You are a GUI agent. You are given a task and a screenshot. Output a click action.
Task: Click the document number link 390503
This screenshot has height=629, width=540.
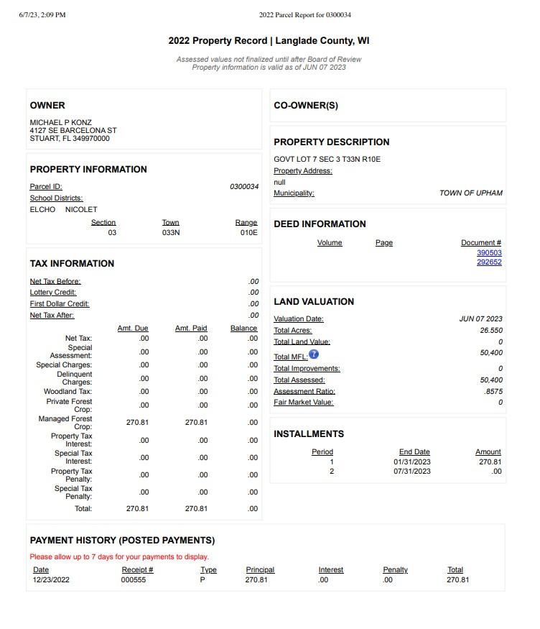(x=489, y=253)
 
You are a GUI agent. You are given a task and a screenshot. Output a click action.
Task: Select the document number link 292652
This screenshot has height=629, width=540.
(x=489, y=262)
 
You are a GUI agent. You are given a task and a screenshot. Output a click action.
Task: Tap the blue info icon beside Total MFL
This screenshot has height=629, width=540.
(x=314, y=354)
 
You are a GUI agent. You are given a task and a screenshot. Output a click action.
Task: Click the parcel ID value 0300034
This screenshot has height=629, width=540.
(x=244, y=187)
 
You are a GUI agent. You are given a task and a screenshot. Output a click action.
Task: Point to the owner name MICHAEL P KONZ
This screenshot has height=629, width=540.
(x=60, y=123)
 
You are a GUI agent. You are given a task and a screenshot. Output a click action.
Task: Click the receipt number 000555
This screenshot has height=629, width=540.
(x=134, y=579)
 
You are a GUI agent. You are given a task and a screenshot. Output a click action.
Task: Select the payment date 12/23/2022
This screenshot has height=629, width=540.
(x=51, y=579)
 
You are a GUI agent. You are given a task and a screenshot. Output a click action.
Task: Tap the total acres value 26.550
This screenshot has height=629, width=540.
(x=491, y=331)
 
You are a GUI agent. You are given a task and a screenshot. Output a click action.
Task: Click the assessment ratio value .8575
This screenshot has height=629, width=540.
(x=493, y=392)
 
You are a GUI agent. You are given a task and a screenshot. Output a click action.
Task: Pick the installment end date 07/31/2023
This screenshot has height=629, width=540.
(x=412, y=472)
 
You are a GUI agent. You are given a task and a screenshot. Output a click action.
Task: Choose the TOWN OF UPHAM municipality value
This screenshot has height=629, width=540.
(x=471, y=193)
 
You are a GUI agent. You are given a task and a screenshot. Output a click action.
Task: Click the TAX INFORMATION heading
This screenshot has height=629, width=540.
(x=72, y=264)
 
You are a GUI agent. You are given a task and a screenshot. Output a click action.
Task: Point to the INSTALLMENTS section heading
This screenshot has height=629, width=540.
(x=309, y=434)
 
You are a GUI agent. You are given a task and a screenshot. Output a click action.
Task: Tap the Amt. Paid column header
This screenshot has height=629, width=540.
(x=191, y=329)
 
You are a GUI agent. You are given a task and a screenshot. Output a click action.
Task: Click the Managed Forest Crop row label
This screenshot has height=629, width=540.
(x=65, y=423)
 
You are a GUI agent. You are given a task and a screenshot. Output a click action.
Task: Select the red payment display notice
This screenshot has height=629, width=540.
(x=119, y=557)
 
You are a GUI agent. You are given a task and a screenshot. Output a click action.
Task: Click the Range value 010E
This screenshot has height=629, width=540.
(x=248, y=233)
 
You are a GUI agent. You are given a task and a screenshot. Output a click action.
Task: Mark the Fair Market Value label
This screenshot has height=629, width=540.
(x=303, y=403)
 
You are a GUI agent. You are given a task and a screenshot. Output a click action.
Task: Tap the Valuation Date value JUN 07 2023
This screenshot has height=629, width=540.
(x=480, y=319)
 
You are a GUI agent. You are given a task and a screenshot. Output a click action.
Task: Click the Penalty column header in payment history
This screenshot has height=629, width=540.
(x=395, y=570)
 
